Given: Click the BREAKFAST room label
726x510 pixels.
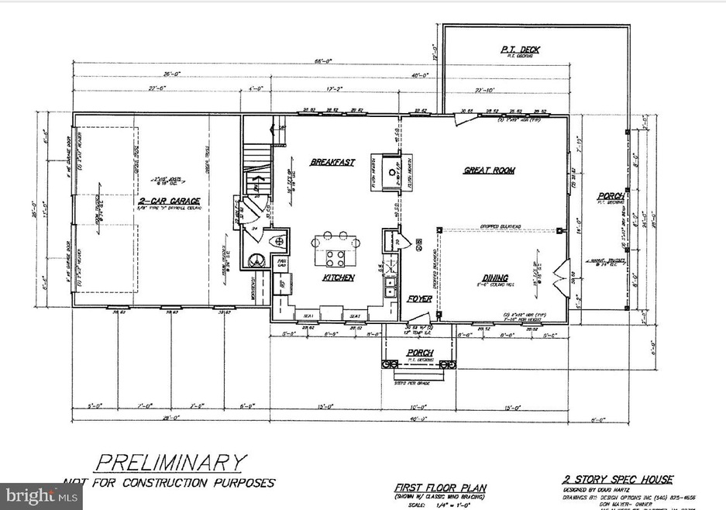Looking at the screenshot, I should (332, 162).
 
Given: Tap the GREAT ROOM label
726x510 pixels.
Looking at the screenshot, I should (490, 171).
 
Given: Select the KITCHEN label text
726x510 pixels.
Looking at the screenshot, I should (339, 277).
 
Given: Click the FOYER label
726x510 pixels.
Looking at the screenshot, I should (419, 298).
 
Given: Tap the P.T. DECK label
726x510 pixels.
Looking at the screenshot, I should (520, 50).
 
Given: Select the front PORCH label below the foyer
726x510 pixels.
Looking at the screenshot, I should (421, 353).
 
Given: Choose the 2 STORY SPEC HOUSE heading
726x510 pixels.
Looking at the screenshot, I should (618, 480).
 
